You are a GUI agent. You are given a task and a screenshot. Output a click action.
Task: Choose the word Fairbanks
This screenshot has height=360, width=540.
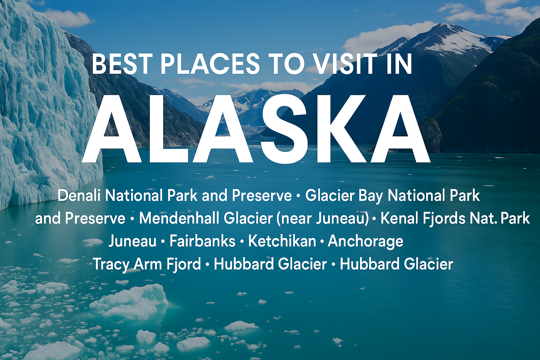202,241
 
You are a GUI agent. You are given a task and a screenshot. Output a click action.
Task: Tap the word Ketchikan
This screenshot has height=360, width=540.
282,241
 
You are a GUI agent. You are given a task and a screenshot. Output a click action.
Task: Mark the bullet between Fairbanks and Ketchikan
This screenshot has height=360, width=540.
242,242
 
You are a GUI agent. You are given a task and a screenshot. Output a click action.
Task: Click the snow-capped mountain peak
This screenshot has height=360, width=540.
442,31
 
